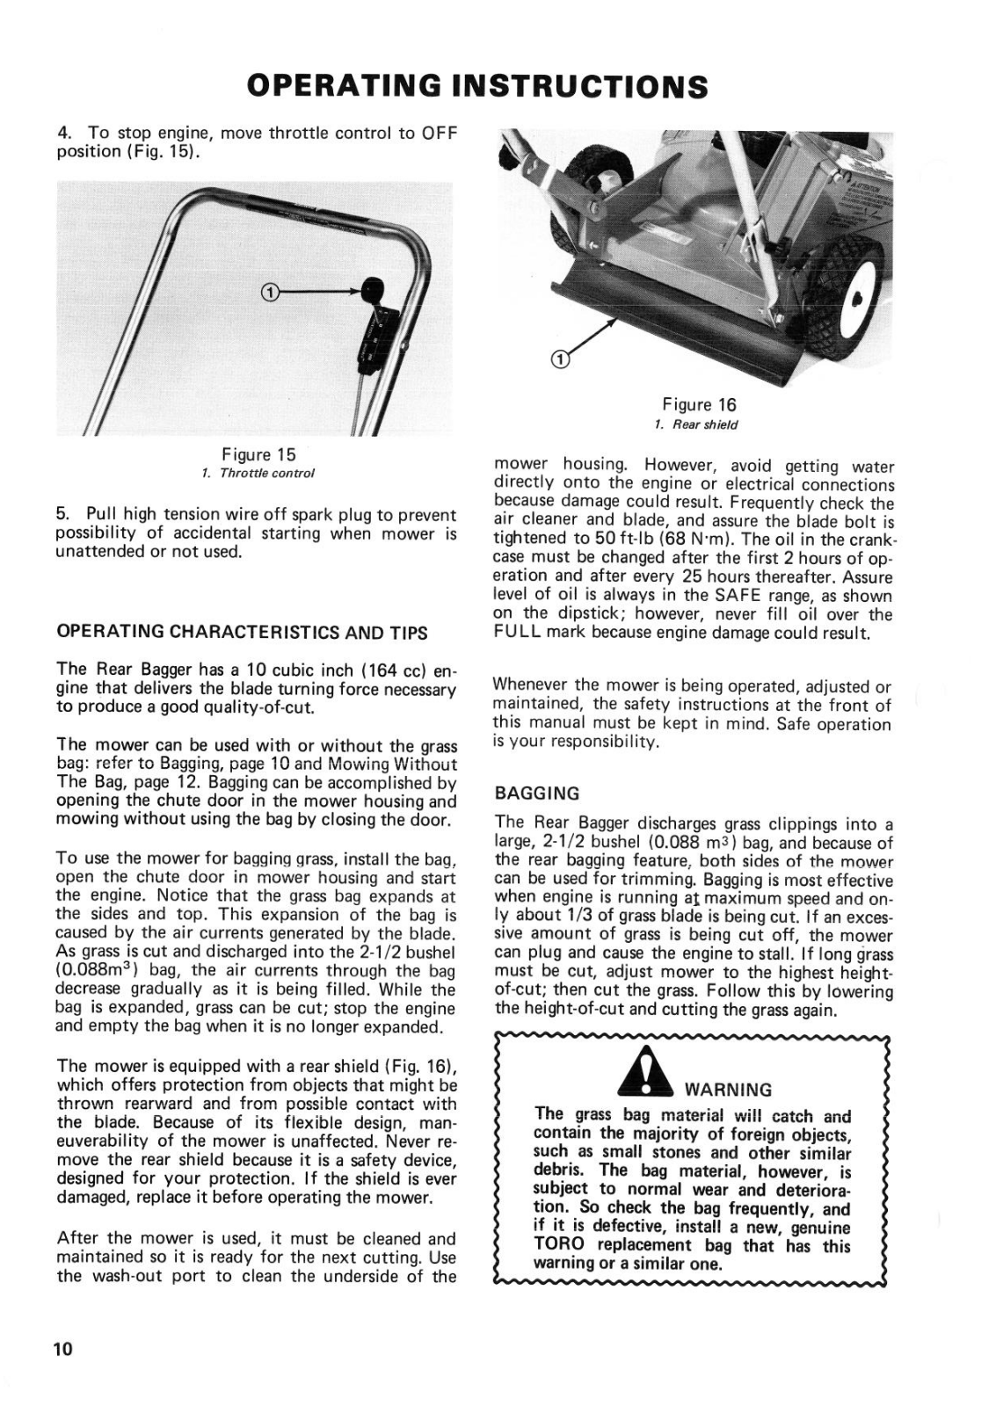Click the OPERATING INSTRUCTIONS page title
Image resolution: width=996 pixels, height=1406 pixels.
tap(477, 86)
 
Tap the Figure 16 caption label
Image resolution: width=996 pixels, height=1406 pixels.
tap(699, 404)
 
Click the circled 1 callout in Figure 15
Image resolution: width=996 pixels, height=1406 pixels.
tap(270, 292)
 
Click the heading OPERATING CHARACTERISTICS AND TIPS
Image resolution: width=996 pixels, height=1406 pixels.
tap(242, 632)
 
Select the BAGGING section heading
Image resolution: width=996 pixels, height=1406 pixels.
tap(537, 794)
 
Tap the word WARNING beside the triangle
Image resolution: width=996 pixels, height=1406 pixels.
tap(728, 1090)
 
